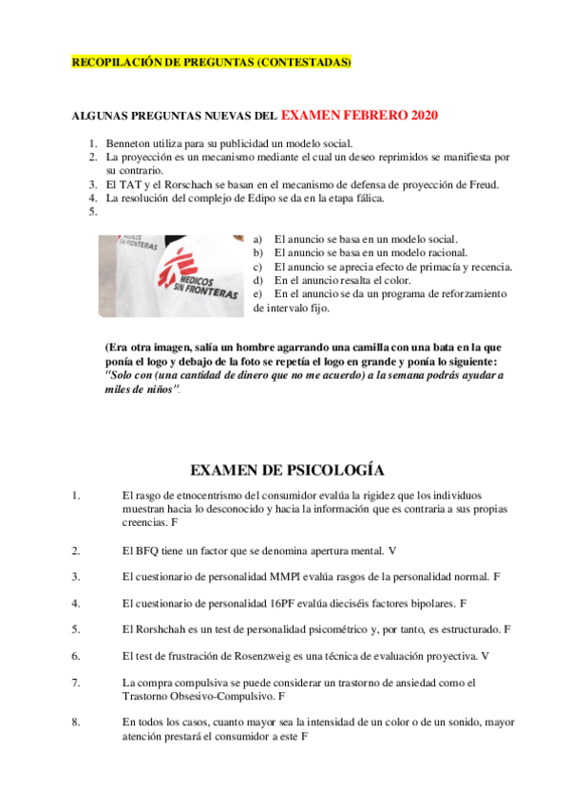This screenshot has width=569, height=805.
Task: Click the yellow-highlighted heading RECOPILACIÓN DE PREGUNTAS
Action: [212, 63]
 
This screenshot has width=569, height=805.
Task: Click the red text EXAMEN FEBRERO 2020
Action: [359, 115]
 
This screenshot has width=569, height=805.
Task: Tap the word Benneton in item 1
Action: [129, 143]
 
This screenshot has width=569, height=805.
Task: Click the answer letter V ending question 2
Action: [392, 550]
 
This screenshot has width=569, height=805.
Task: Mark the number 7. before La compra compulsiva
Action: [75, 682]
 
